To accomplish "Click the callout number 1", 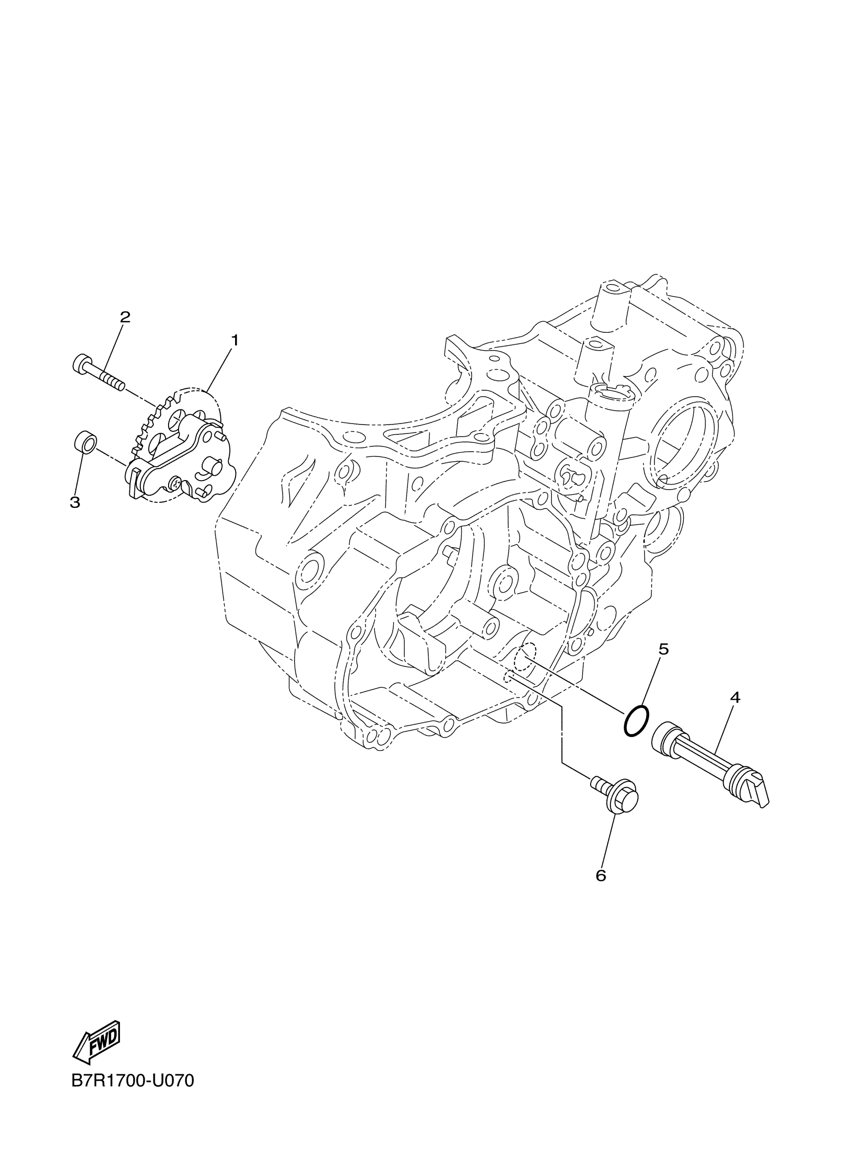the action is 235,340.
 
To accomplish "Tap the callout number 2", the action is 124,316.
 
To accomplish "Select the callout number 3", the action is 75,501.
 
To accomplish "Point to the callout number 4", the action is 735,697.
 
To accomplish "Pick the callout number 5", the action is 663,649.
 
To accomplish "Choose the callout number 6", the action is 601,875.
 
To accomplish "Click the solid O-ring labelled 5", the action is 636,722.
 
